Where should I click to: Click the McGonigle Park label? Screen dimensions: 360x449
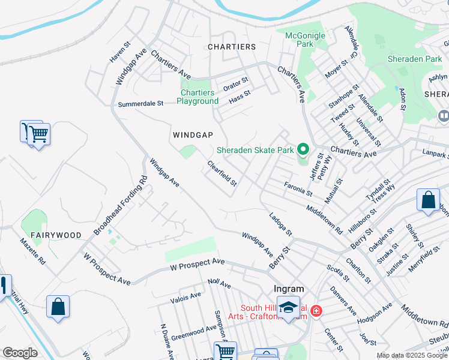pyautogui.click(x=305, y=40)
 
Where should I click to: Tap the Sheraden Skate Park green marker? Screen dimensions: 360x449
pyautogui.click(x=303, y=149)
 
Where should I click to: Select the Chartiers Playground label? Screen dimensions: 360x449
pyautogui.click(x=197, y=97)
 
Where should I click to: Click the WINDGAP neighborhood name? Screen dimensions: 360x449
pyautogui.click(x=191, y=134)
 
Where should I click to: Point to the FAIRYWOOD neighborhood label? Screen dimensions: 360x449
pyautogui.click(x=56, y=235)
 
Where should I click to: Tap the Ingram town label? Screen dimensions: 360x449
pyautogui.click(x=289, y=288)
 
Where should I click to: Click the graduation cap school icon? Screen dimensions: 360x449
pyautogui.click(x=289, y=307)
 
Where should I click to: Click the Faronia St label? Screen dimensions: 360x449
pyautogui.click(x=298, y=190)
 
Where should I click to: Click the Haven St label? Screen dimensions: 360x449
pyautogui.click(x=119, y=52)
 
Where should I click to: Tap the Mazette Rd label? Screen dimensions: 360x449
pyautogui.click(x=32, y=251)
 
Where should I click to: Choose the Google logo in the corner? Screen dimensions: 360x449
pyautogui.click(x=20, y=353)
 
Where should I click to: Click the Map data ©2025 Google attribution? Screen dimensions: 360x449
pyautogui.click(x=412, y=355)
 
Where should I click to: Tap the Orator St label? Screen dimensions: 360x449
pyautogui.click(x=236, y=83)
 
